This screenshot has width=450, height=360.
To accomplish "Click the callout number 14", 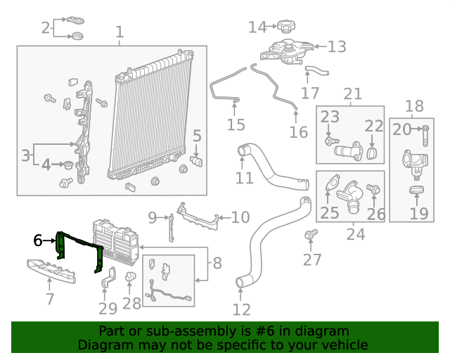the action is coord(257,27).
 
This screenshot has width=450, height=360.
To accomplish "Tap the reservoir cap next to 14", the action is coord(286,27).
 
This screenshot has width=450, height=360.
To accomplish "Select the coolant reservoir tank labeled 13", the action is coord(286,52).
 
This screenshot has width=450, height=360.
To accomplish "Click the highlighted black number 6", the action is coord(38,240).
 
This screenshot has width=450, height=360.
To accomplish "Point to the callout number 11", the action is coord(244,178).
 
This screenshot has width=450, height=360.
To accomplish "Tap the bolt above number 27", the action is coord(311,234).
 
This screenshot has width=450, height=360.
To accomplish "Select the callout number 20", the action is coord(401,129).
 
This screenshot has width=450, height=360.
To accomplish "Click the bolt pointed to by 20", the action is coord(425,136).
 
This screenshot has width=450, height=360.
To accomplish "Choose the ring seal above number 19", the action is coord(416,189).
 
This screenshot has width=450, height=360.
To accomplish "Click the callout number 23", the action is coord(330,117).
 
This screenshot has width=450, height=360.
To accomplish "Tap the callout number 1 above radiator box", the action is coord(120,32).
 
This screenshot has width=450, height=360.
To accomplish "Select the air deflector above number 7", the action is coord(51,271).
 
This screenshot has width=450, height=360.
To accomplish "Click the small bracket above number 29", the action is coord(108,277).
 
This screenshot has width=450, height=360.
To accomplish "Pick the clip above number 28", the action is coord(131,276).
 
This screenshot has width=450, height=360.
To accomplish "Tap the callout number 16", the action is coord(299,132).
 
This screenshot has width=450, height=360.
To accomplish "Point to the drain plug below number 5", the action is coord(196,161).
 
